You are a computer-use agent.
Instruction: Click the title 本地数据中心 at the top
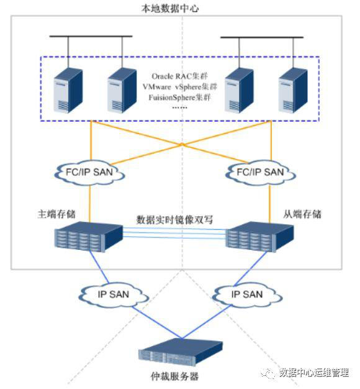click(x=170, y=8)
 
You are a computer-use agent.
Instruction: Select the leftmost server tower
click(x=68, y=91)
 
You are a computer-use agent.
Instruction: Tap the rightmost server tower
click(x=293, y=91)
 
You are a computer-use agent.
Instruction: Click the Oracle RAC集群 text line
click(x=179, y=76)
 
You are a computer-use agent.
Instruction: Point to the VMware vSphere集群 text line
click(x=180, y=87)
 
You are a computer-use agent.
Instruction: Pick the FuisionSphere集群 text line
click(x=179, y=97)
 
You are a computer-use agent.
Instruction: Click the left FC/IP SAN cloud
click(x=89, y=172)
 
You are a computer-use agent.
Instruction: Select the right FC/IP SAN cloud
click(x=261, y=172)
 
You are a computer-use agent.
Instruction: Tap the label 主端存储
click(x=56, y=214)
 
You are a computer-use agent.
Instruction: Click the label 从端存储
click(x=302, y=214)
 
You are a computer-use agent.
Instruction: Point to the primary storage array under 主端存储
click(x=89, y=237)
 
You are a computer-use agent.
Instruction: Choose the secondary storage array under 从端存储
click(x=259, y=237)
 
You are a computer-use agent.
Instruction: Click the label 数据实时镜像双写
click(x=174, y=219)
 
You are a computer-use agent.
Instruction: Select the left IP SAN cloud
click(x=114, y=295)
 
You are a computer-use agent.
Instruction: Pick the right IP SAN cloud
click(x=247, y=295)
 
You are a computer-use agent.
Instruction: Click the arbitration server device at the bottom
click(x=181, y=352)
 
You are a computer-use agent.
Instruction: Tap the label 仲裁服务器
click(x=174, y=376)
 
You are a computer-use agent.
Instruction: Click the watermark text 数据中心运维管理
click(x=314, y=372)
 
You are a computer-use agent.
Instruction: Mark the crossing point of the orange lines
click(x=182, y=144)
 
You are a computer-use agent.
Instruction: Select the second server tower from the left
click(x=122, y=91)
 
